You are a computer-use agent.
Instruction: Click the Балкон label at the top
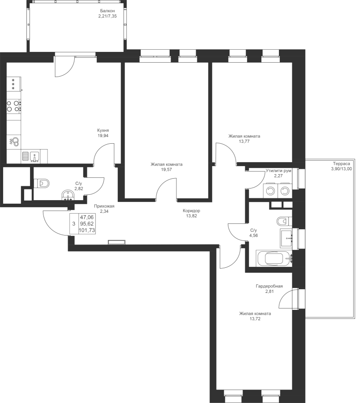107,10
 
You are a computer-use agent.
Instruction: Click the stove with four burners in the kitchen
13,106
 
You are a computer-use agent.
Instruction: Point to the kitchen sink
34,156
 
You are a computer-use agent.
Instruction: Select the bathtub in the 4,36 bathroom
274,258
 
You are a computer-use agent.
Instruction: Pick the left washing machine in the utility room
270,191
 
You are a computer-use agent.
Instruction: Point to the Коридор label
191,210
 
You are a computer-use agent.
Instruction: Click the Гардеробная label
269,286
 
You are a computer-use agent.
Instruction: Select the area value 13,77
244,141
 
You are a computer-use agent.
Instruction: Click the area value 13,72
254,319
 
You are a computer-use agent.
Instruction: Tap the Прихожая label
104,206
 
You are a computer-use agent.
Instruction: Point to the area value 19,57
166,170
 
